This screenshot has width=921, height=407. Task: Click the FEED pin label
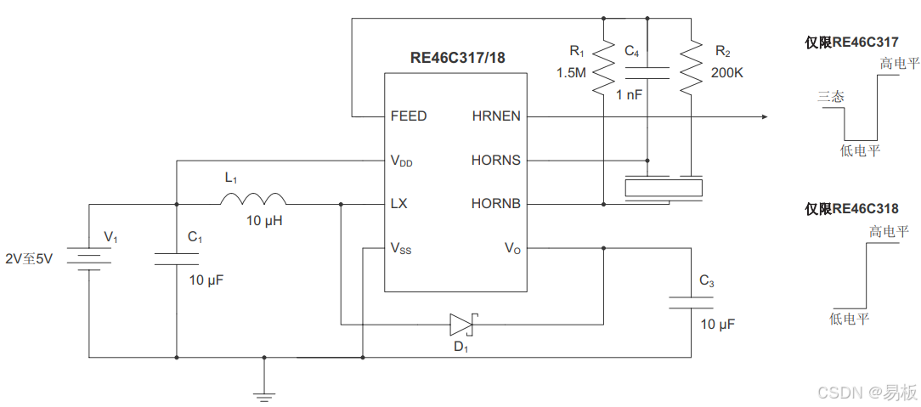pos(408,116)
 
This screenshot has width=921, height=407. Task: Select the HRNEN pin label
pos(496,116)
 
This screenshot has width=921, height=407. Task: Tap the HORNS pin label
pos(496,161)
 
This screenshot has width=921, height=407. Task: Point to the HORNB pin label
pos(496,204)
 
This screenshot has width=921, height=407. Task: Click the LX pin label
pos(398,204)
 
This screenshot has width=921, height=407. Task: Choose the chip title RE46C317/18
pos(458,58)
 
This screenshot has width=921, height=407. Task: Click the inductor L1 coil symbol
pos(253,199)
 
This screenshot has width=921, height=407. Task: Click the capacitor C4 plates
pos(647,73)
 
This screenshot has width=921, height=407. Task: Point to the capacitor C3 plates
pos(691,302)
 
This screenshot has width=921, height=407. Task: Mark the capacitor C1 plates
pos(176,259)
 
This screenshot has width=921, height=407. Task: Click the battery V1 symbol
pos(88,259)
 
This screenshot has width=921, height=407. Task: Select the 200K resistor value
pos(726,73)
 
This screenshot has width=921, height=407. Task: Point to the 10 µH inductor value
pos(264,222)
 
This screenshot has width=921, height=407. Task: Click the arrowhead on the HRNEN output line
pos(764,116)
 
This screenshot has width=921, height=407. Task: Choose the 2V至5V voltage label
pos(29,258)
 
